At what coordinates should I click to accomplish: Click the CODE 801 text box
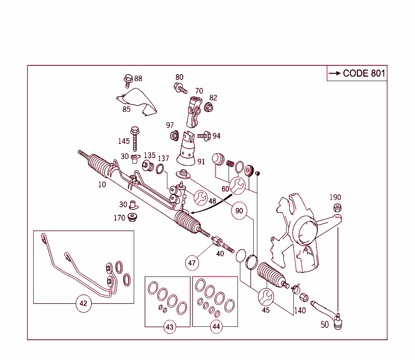pyautogui.click(x=357, y=73)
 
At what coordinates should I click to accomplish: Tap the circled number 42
pyautogui.click(x=83, y=304)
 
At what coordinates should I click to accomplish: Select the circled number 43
pyautogui.click(x=170, y=326)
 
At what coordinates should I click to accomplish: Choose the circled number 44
pyautogui.click(x=216, y=326)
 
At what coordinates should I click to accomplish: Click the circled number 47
pyautogui.click(x=192, y=263)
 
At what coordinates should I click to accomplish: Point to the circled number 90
pyautogui.click(x=239, y=211)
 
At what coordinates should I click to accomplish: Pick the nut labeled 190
pyautogui.click(x=336, y=208)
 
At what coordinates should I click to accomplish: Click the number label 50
pyautogui.click(x=325, y=325)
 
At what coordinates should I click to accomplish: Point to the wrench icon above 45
pyautogui.click(x=266, y=296)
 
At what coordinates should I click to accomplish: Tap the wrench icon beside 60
pyautogui.click(x=237, y=185)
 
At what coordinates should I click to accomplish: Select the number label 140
pyautogui.click(x=300, y=311)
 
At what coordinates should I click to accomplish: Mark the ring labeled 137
pyautogui.click(x=160, y=169)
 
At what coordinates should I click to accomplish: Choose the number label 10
pyautogui.click(x=102, y=184)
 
